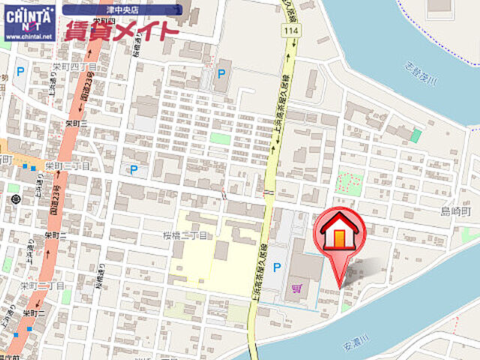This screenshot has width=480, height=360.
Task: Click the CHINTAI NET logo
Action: (29, 16)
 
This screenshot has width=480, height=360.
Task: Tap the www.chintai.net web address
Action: (29, 36)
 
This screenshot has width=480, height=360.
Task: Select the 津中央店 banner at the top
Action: (121, 10)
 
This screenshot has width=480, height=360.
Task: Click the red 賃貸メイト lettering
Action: (122, 31)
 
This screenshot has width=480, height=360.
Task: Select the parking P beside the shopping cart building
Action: (277, 267)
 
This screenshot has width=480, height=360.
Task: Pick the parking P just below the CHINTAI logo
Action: (20, 71)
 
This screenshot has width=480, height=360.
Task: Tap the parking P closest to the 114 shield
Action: (220, 73)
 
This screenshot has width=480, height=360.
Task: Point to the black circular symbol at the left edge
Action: (16, 199)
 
